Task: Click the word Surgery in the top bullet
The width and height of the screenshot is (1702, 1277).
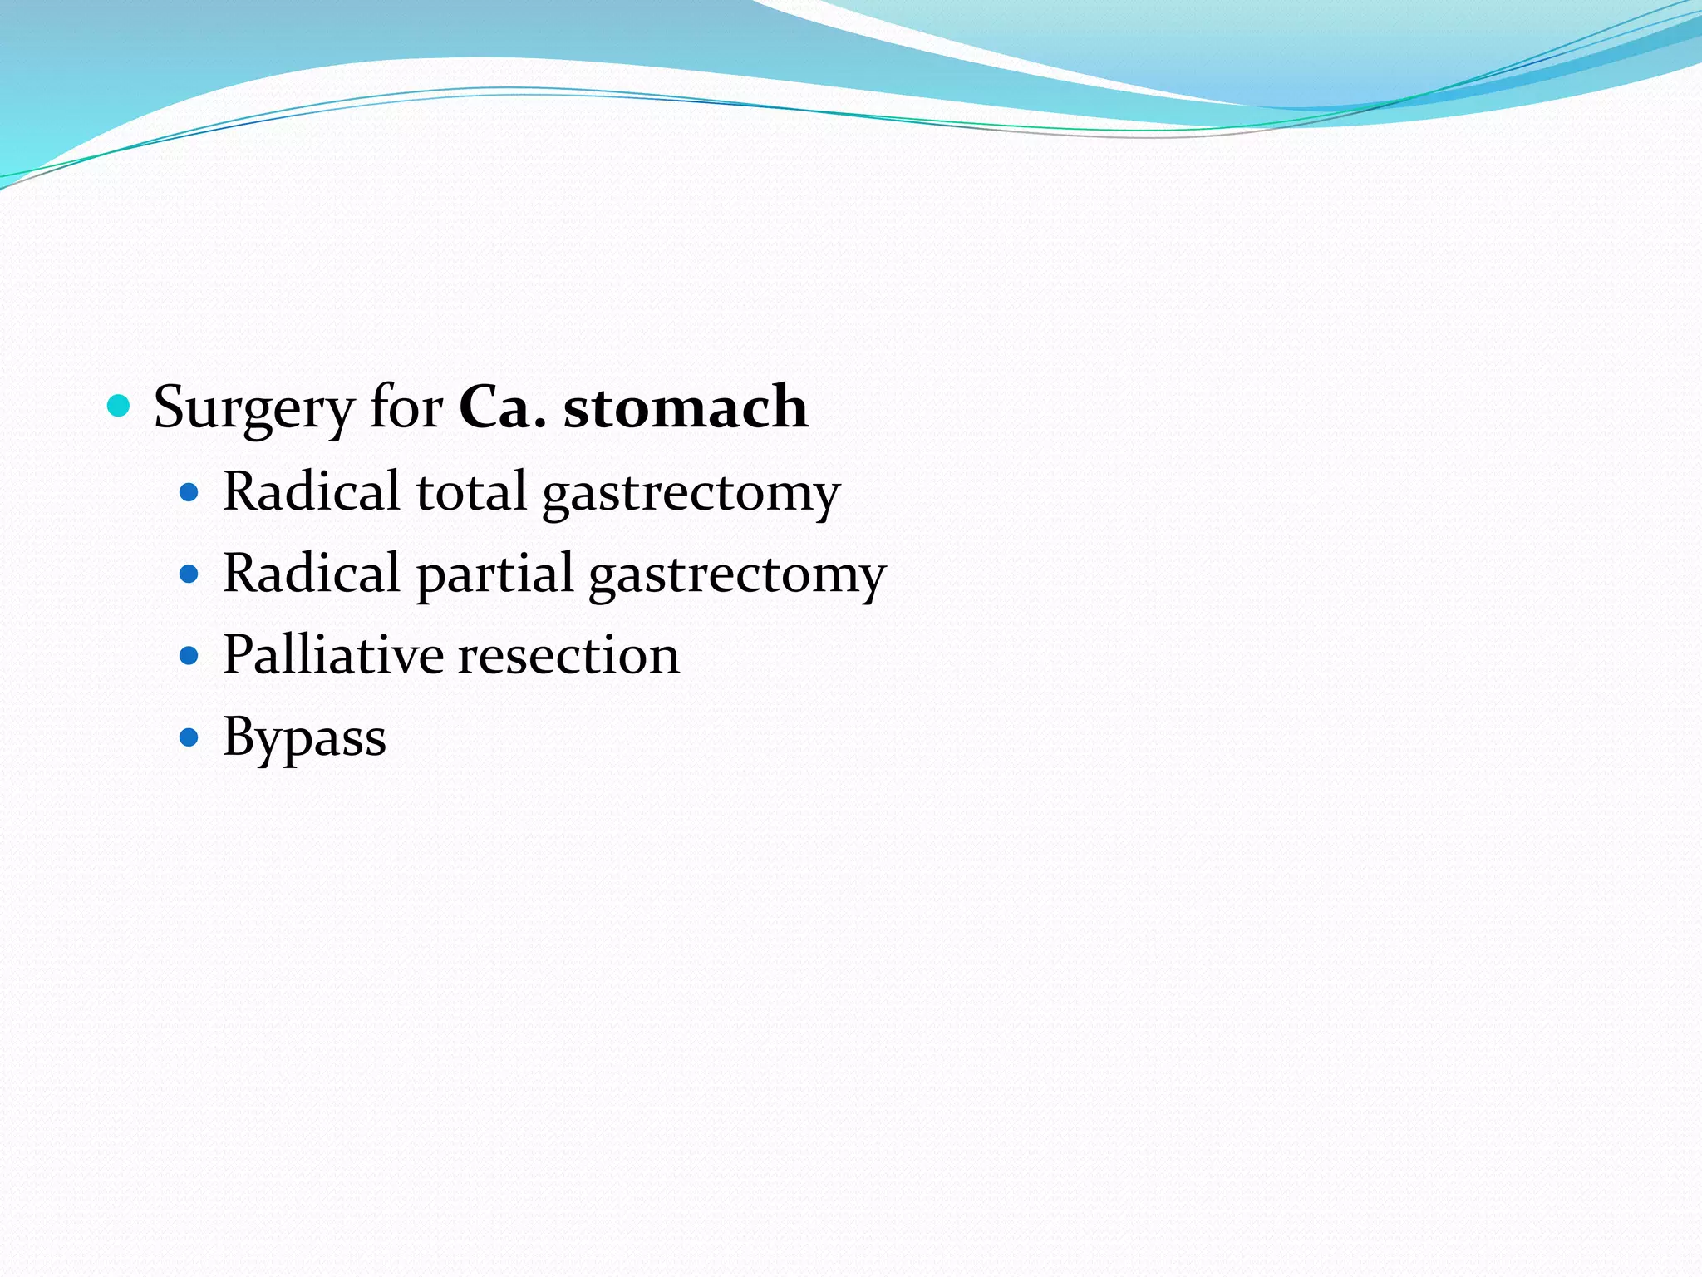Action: tap(253, 408)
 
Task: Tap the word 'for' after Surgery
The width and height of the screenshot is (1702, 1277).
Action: tap(406, 408)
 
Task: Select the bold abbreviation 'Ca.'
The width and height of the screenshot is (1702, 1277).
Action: tap(502, 408)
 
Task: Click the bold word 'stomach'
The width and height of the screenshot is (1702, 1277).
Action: tap(686, 408)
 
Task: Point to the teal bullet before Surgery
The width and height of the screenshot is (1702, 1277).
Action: tap(120, 407)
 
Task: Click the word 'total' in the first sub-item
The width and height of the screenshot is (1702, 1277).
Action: tap(471, 491)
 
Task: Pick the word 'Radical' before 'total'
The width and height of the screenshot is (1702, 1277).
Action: tap(312, 491)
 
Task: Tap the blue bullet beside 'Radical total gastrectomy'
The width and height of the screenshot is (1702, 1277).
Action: tap(189, 492)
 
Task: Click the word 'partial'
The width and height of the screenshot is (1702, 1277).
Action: tap(494, 574)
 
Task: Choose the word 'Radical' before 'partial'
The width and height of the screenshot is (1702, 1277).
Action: tap(312, 573)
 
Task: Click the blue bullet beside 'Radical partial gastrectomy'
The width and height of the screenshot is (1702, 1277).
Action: tap(189, 574)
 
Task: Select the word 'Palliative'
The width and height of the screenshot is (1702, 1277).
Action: tap(333, 654)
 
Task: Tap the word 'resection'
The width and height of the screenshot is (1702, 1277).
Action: tap(569, 656)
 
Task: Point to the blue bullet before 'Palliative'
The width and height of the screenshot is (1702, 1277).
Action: tap(189, 656)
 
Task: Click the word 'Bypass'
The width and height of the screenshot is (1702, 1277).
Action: tap(304, 737)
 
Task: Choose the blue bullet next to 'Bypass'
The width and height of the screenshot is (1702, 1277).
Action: tap(189, 737)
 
